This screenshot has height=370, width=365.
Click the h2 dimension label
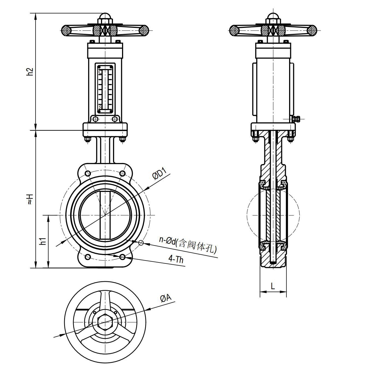[30, 72]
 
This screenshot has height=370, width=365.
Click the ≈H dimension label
[30, 199]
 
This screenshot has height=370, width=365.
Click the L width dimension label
[273, 286]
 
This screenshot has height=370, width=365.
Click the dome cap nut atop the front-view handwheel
[105, 16]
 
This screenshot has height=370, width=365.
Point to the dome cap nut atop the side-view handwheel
[273, 16]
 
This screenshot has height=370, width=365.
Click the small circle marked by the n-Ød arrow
[141, 243]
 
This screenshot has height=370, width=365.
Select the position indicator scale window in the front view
[105, 89]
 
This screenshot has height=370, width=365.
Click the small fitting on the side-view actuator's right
[296, 119]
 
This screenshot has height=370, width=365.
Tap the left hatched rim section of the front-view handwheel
[66, 31]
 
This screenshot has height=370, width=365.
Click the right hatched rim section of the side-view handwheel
[311, 31]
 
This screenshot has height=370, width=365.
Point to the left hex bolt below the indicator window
[96, 119]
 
